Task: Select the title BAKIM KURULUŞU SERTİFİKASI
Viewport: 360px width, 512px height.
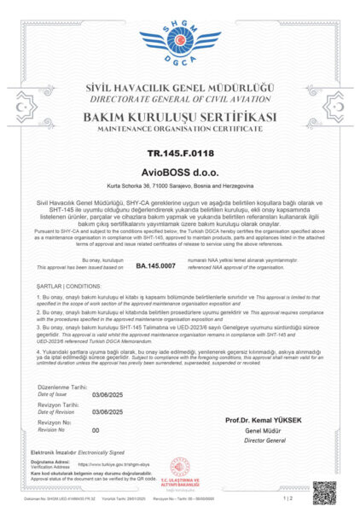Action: [x=180, y=115]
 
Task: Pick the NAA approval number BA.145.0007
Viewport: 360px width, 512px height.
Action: [x=155, y=266]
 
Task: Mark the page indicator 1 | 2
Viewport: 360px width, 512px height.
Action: [x=288, y=497]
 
